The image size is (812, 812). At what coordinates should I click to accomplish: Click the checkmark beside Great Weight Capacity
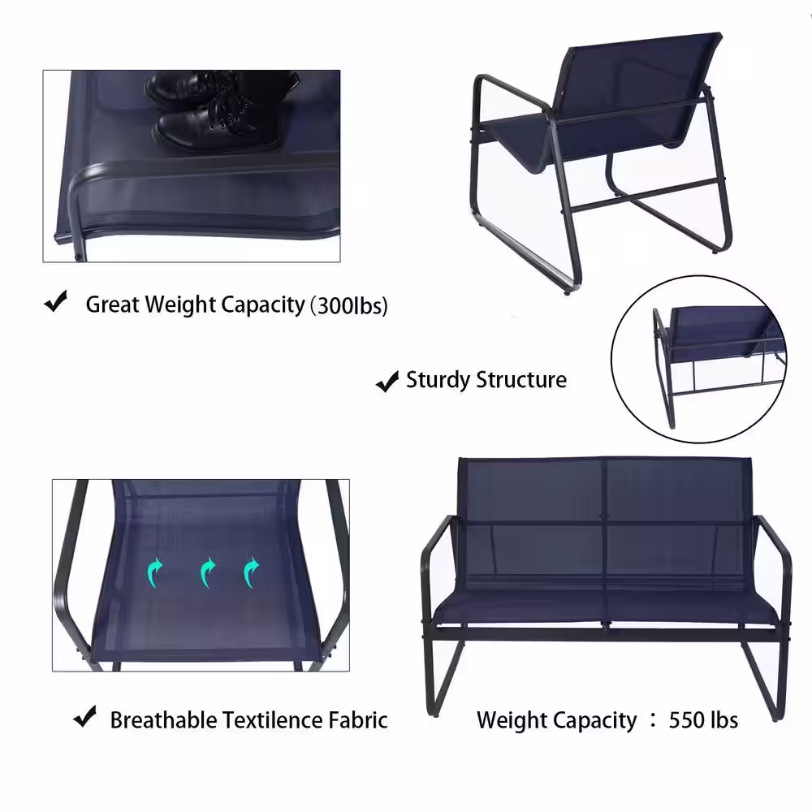point(56,301)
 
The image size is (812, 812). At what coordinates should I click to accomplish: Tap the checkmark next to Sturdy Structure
point(387,382)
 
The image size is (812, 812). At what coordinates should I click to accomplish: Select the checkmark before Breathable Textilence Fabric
point(85,716)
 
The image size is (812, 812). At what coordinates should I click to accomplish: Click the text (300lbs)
point(348,305)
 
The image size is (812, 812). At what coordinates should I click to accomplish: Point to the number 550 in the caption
point(685,719)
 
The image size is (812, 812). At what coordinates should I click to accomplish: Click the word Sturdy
point(438,380)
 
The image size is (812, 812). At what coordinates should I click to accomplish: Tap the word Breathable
point(163,719)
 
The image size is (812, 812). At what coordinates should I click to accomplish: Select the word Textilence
point(272,719)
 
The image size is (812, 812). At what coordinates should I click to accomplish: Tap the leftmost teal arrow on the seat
point(154,572)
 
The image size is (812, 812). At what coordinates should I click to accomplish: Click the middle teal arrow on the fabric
point(207,572)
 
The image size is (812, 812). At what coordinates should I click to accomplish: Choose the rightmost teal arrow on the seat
point(251,572)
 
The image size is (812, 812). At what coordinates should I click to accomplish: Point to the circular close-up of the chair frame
point(698,360)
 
